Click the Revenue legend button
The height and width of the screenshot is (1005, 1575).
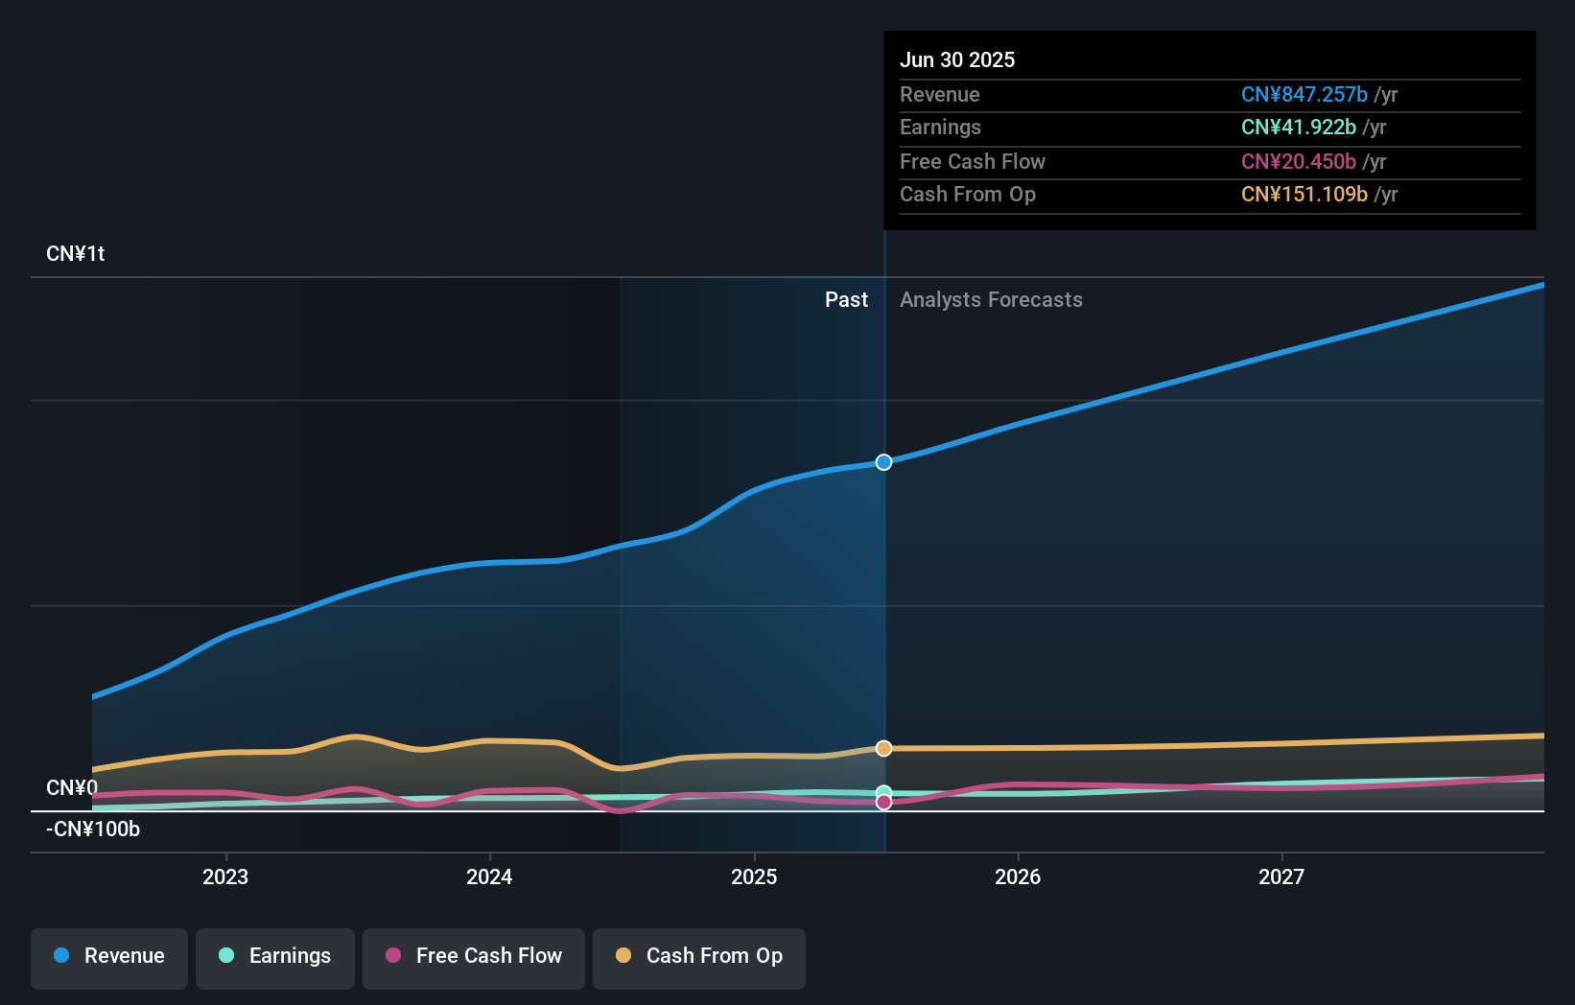pos(109,956)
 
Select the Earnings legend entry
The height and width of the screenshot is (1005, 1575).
pos(275,956)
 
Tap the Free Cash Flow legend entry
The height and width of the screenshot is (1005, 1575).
pos(474,956)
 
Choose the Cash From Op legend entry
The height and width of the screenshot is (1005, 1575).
pos(699,956)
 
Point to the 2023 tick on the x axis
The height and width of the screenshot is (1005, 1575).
pos(225,876)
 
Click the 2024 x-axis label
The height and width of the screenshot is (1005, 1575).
pos(489,876)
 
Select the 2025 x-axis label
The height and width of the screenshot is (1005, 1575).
pos(754,876)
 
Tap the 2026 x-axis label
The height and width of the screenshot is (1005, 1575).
pos(1018,876)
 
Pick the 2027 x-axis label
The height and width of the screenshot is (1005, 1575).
pos(1281,876)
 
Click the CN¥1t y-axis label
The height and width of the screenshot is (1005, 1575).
pos(76,254)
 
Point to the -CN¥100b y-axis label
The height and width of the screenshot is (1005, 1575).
pos(93,830)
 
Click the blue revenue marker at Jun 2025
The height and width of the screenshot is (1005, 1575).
pos(883,462)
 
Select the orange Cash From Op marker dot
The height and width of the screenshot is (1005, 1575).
pos(883,748)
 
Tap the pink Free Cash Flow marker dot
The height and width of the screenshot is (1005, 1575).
pos(883,803)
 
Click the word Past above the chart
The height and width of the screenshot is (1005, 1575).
pos(846,300)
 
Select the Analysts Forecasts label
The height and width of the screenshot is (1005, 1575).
pos(991,300)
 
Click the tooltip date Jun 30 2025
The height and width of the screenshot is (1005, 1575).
pos(957,59)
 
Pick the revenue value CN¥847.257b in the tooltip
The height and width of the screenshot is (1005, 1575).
pos(1304,95)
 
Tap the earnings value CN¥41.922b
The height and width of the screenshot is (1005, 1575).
pos(1298,128)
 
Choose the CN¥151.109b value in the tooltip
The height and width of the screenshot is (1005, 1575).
pos(1304,195)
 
